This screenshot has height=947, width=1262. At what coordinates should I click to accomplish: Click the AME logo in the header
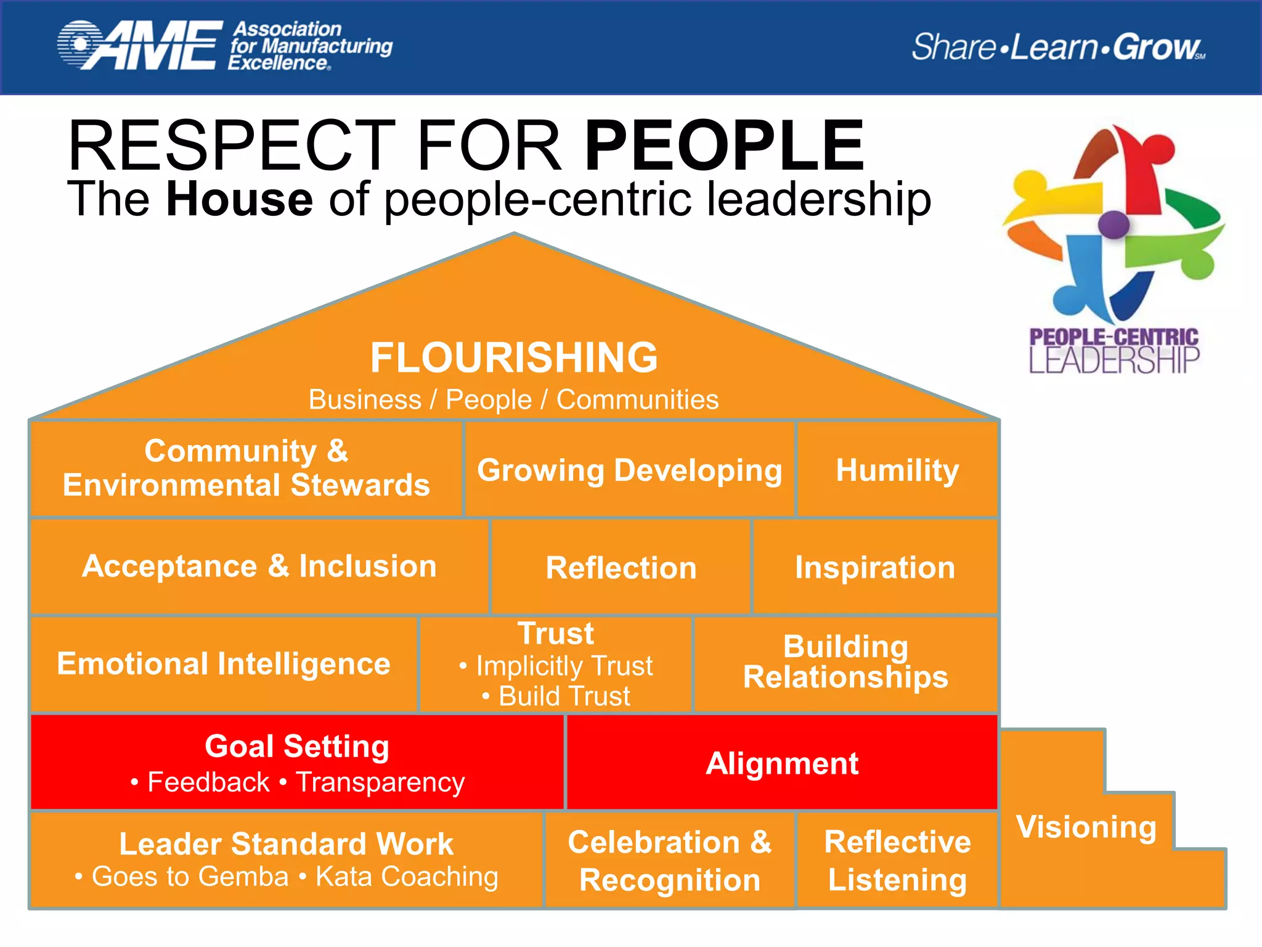click(x=140, y=45)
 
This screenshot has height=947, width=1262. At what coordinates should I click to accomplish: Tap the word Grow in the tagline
click(x=1156, y=47)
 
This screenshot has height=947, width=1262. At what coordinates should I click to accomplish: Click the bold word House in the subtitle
click(x=239, y=199)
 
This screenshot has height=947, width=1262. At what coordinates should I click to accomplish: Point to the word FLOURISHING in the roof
click(x=514, y=358)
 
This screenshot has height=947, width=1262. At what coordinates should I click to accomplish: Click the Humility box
click(x=897, y=470)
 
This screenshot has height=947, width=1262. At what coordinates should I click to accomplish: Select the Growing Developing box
click(x=629, y=470)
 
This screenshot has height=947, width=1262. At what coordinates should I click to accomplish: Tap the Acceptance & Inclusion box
click(x=259, y=566)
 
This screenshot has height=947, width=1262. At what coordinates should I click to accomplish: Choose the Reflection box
click(x=621, y=567)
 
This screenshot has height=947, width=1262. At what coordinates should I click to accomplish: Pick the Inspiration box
click(x=875, y=567)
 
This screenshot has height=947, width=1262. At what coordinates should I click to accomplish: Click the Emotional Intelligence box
click(x=224, y=664)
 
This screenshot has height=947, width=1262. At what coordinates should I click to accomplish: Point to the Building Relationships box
click(x=845, y=662)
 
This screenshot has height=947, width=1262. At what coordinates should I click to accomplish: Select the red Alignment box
click(x=782, y=763)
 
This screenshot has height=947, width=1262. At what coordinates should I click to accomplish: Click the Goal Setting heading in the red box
click(x=297, y=747)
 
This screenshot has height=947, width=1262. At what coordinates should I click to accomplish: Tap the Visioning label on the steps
click(x=1086, y=827)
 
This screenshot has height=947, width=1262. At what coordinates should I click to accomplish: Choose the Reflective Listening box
click(x=897, y=861)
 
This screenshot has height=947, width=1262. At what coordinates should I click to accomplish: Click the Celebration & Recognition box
click(x=670, y=861)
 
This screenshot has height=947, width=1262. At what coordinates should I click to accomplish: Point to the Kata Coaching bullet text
click(x=407, y=876)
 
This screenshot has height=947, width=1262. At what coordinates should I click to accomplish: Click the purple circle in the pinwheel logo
click(x=1113, y=224)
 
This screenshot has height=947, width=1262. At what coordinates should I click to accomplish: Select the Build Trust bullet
click(x=564, y=696)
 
